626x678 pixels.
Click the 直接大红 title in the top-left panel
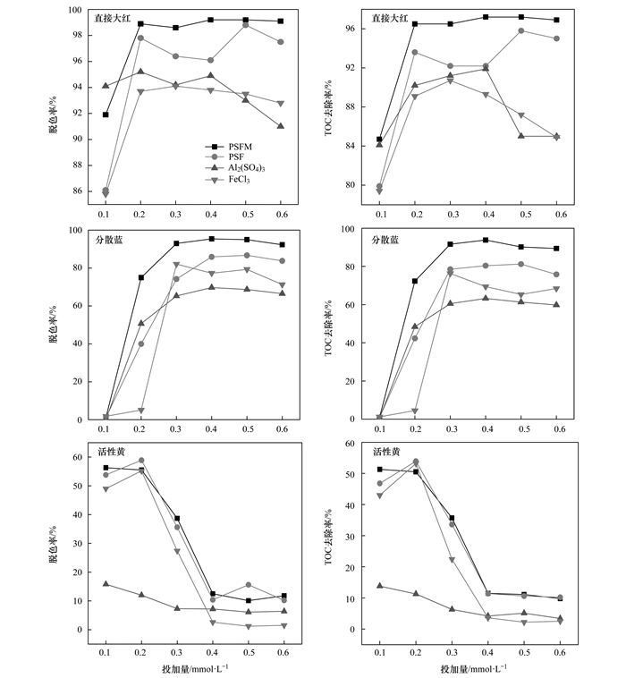click(x=112, y=17)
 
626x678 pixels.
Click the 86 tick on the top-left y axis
click(x=78, y=191)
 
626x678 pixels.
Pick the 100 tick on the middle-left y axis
click(x=75, y=230)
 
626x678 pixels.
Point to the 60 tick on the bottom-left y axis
click(x=78, y=457)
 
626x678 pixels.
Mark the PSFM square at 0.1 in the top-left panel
click(x=106, y=114)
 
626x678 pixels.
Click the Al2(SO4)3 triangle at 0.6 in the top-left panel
click(x=281, y=126)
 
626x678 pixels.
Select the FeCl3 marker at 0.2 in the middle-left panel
click(x=141, y=411)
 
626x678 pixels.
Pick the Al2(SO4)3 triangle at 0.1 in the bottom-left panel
click(x=106, y=584)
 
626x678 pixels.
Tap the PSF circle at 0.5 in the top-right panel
click(x=520, y=30)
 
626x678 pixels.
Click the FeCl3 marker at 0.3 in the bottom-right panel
click(x=452, y=560)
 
